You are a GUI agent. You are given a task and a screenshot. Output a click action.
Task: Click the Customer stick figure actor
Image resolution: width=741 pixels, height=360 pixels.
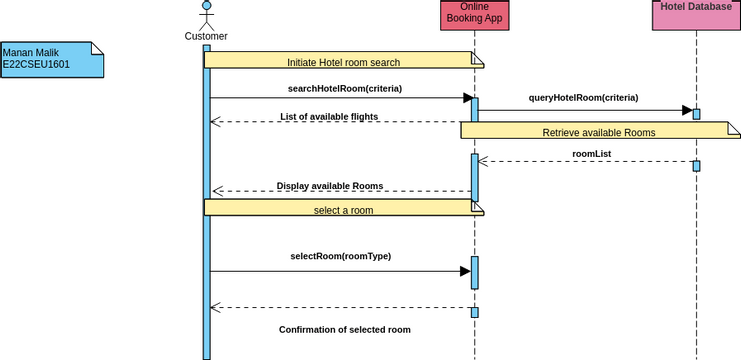click(x=206, y=15)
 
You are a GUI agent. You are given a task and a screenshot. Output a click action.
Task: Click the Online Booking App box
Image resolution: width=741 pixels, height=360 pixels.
click(x=474, y=15)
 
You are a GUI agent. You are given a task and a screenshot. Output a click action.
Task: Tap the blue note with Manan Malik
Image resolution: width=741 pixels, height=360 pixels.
click(x=51, y=59)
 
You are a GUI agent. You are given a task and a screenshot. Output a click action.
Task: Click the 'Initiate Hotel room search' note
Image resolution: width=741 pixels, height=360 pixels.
click(x=343, y=61)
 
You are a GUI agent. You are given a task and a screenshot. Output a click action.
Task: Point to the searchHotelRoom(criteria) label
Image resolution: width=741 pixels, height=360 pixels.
click(x=344, y=88)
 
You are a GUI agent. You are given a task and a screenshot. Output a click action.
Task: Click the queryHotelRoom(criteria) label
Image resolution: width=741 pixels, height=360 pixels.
click(x=583, y=98)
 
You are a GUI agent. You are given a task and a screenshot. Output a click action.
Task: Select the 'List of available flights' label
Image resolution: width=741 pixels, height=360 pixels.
click(x=329, y=116)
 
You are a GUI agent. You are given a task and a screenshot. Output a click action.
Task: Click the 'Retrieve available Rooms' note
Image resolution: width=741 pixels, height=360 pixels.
click(x=598, y=131)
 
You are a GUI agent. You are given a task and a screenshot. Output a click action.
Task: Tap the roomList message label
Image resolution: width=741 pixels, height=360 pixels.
click(x=591, y=154)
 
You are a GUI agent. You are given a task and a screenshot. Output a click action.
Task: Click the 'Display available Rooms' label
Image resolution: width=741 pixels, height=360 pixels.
click(x=330, y=186)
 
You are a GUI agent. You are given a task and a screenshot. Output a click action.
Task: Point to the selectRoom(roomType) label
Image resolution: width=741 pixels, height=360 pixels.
click(x=340, y=256)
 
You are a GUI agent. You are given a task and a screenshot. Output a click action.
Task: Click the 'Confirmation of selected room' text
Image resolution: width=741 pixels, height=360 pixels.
click(x=344, y=329)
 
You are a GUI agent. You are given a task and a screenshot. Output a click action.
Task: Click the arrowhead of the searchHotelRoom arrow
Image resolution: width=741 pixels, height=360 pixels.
click(x=466, y=98)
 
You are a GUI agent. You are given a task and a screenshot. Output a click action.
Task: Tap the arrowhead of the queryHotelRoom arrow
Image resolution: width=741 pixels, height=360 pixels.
click(x=687, y=110)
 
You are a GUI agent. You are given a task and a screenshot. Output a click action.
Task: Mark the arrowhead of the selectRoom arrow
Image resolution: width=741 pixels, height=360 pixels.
click(x=465, y=271)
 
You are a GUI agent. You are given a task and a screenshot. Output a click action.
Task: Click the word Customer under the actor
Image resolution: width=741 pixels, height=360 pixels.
click(x=206, y=37)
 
